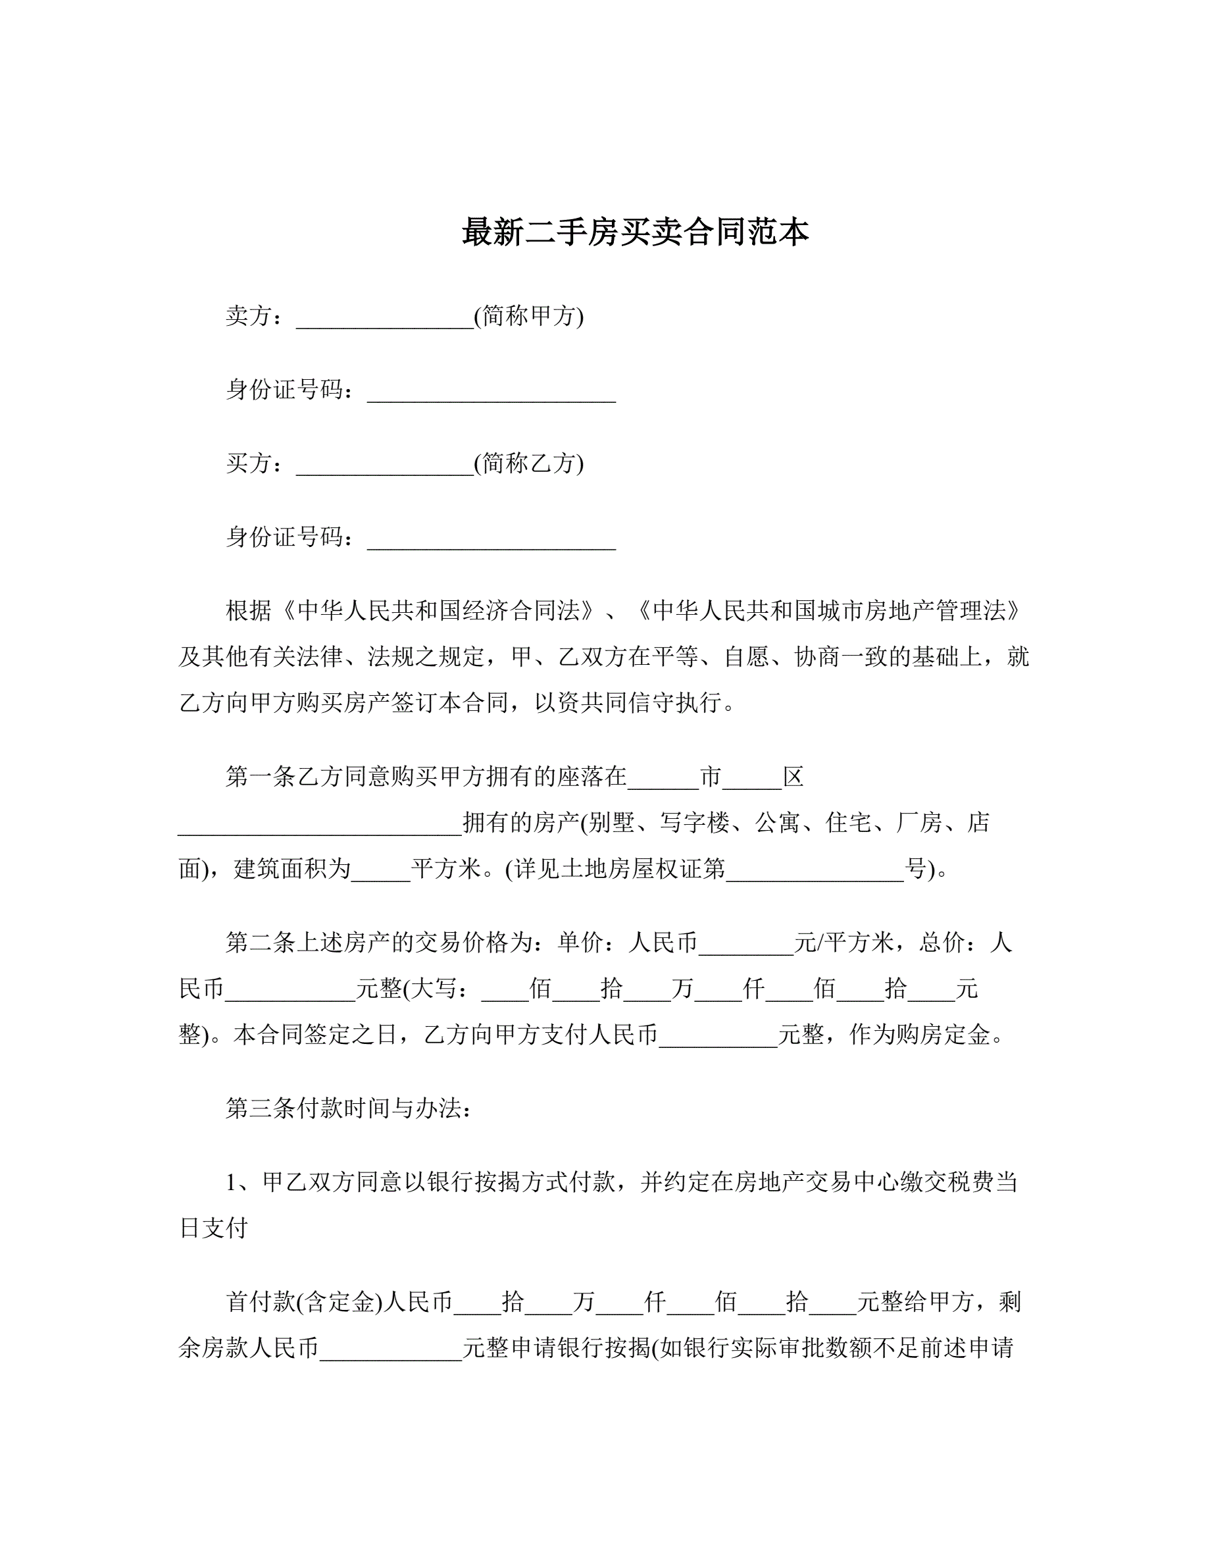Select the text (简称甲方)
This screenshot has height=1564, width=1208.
click(529, 316)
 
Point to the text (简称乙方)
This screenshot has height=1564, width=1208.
click(529, 463)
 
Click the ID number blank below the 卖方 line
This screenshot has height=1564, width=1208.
click(491, 394)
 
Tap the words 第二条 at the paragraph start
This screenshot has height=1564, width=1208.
click(249, 943)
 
